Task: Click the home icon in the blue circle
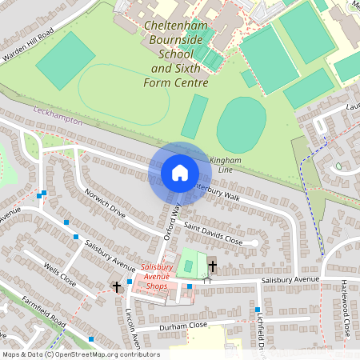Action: [x=179, y=173]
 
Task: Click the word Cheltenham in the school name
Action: [x=176, y=26]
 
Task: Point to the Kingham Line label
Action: [x=225, y=165]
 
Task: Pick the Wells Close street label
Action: [x=60, y=274]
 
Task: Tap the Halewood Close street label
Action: [x=346, y=307]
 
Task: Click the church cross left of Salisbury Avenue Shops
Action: [x=117, y=286]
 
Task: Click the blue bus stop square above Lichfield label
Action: [x=258, y=310]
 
